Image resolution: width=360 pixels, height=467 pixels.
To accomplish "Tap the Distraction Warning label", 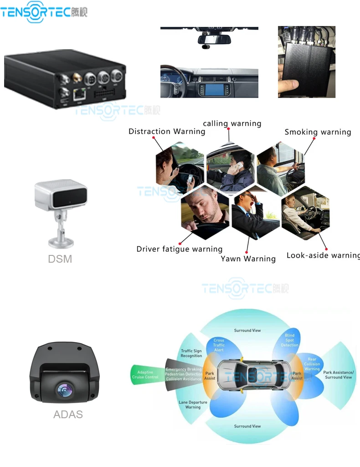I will tap(167, 131).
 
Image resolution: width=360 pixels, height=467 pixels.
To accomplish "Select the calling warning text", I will tap(232, 124).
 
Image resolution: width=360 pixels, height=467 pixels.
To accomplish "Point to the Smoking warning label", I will tap(318, 132).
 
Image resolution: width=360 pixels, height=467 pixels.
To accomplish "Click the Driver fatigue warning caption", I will tap(180, 249).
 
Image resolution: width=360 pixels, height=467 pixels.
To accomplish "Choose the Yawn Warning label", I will tap(248, 259).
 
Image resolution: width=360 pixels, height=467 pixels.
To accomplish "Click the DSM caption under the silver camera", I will tap(60, 259).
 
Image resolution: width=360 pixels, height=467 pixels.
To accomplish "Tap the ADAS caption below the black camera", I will tap(68, 415).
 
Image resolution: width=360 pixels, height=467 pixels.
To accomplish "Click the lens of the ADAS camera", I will tap(64, 390).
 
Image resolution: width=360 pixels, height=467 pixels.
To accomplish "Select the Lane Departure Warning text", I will tap(193, 405).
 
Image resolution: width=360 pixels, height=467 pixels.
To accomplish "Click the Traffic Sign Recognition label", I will tap(191, 353).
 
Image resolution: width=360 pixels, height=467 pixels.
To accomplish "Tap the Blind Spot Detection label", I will tap(290, 340).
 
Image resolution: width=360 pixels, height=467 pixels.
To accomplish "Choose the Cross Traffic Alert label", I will tap(219, 345).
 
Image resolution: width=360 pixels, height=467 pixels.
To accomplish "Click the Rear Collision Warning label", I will tap(312, 364).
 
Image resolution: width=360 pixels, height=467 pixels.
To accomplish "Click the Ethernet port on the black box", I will tap(79, 94).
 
